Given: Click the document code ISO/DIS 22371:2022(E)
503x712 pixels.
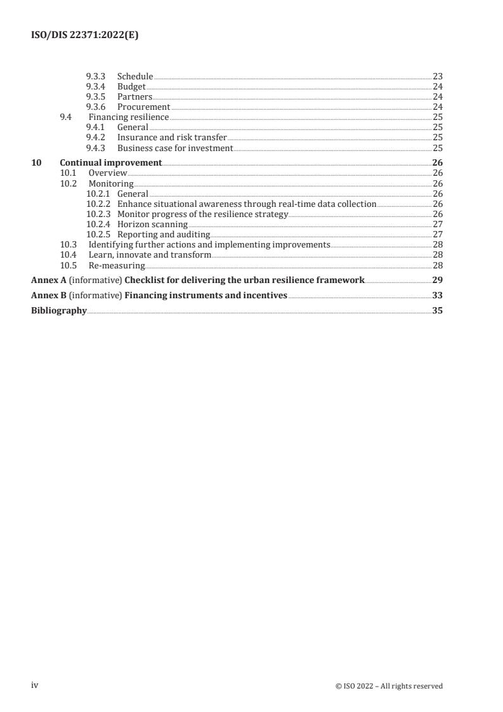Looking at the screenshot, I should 84,36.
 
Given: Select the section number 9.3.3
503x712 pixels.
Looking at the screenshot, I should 96,76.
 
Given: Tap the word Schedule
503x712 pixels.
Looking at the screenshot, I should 135,76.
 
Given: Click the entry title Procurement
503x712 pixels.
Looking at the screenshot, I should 143,107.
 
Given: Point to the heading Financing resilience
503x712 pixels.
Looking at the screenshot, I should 128,117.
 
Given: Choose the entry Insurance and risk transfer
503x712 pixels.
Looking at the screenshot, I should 172,138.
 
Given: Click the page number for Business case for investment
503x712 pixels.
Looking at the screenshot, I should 437,148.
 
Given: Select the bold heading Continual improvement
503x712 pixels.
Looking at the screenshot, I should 110,162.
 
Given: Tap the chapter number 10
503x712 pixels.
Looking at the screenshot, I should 36,162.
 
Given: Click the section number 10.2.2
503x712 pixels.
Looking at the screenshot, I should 98,204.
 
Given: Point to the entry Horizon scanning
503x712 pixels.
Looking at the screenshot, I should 152,224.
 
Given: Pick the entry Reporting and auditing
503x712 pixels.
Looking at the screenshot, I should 164,234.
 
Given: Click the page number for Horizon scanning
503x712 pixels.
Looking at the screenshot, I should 437,224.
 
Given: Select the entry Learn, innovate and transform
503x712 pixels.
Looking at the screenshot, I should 150,255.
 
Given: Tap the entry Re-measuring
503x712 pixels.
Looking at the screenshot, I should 117,265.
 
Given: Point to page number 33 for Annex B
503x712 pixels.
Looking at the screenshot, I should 437,295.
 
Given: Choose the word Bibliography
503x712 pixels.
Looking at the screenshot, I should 58,310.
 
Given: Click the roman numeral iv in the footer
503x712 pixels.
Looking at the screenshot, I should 35,685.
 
